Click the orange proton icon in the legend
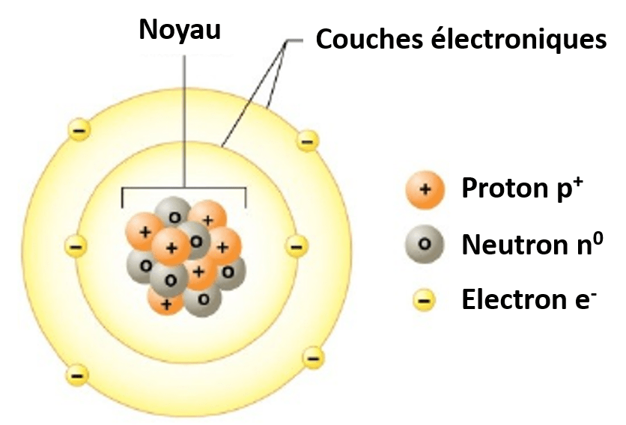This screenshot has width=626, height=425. coord(425,189)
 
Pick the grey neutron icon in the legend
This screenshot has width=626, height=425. coord(425,244)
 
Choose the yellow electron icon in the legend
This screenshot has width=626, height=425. coord(424,301)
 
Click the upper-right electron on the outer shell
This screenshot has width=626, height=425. coord(306,139)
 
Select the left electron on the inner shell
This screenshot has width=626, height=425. coord(76,245)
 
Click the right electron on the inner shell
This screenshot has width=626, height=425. coord(297,245)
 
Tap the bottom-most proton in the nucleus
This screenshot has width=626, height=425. coord(166,303)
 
